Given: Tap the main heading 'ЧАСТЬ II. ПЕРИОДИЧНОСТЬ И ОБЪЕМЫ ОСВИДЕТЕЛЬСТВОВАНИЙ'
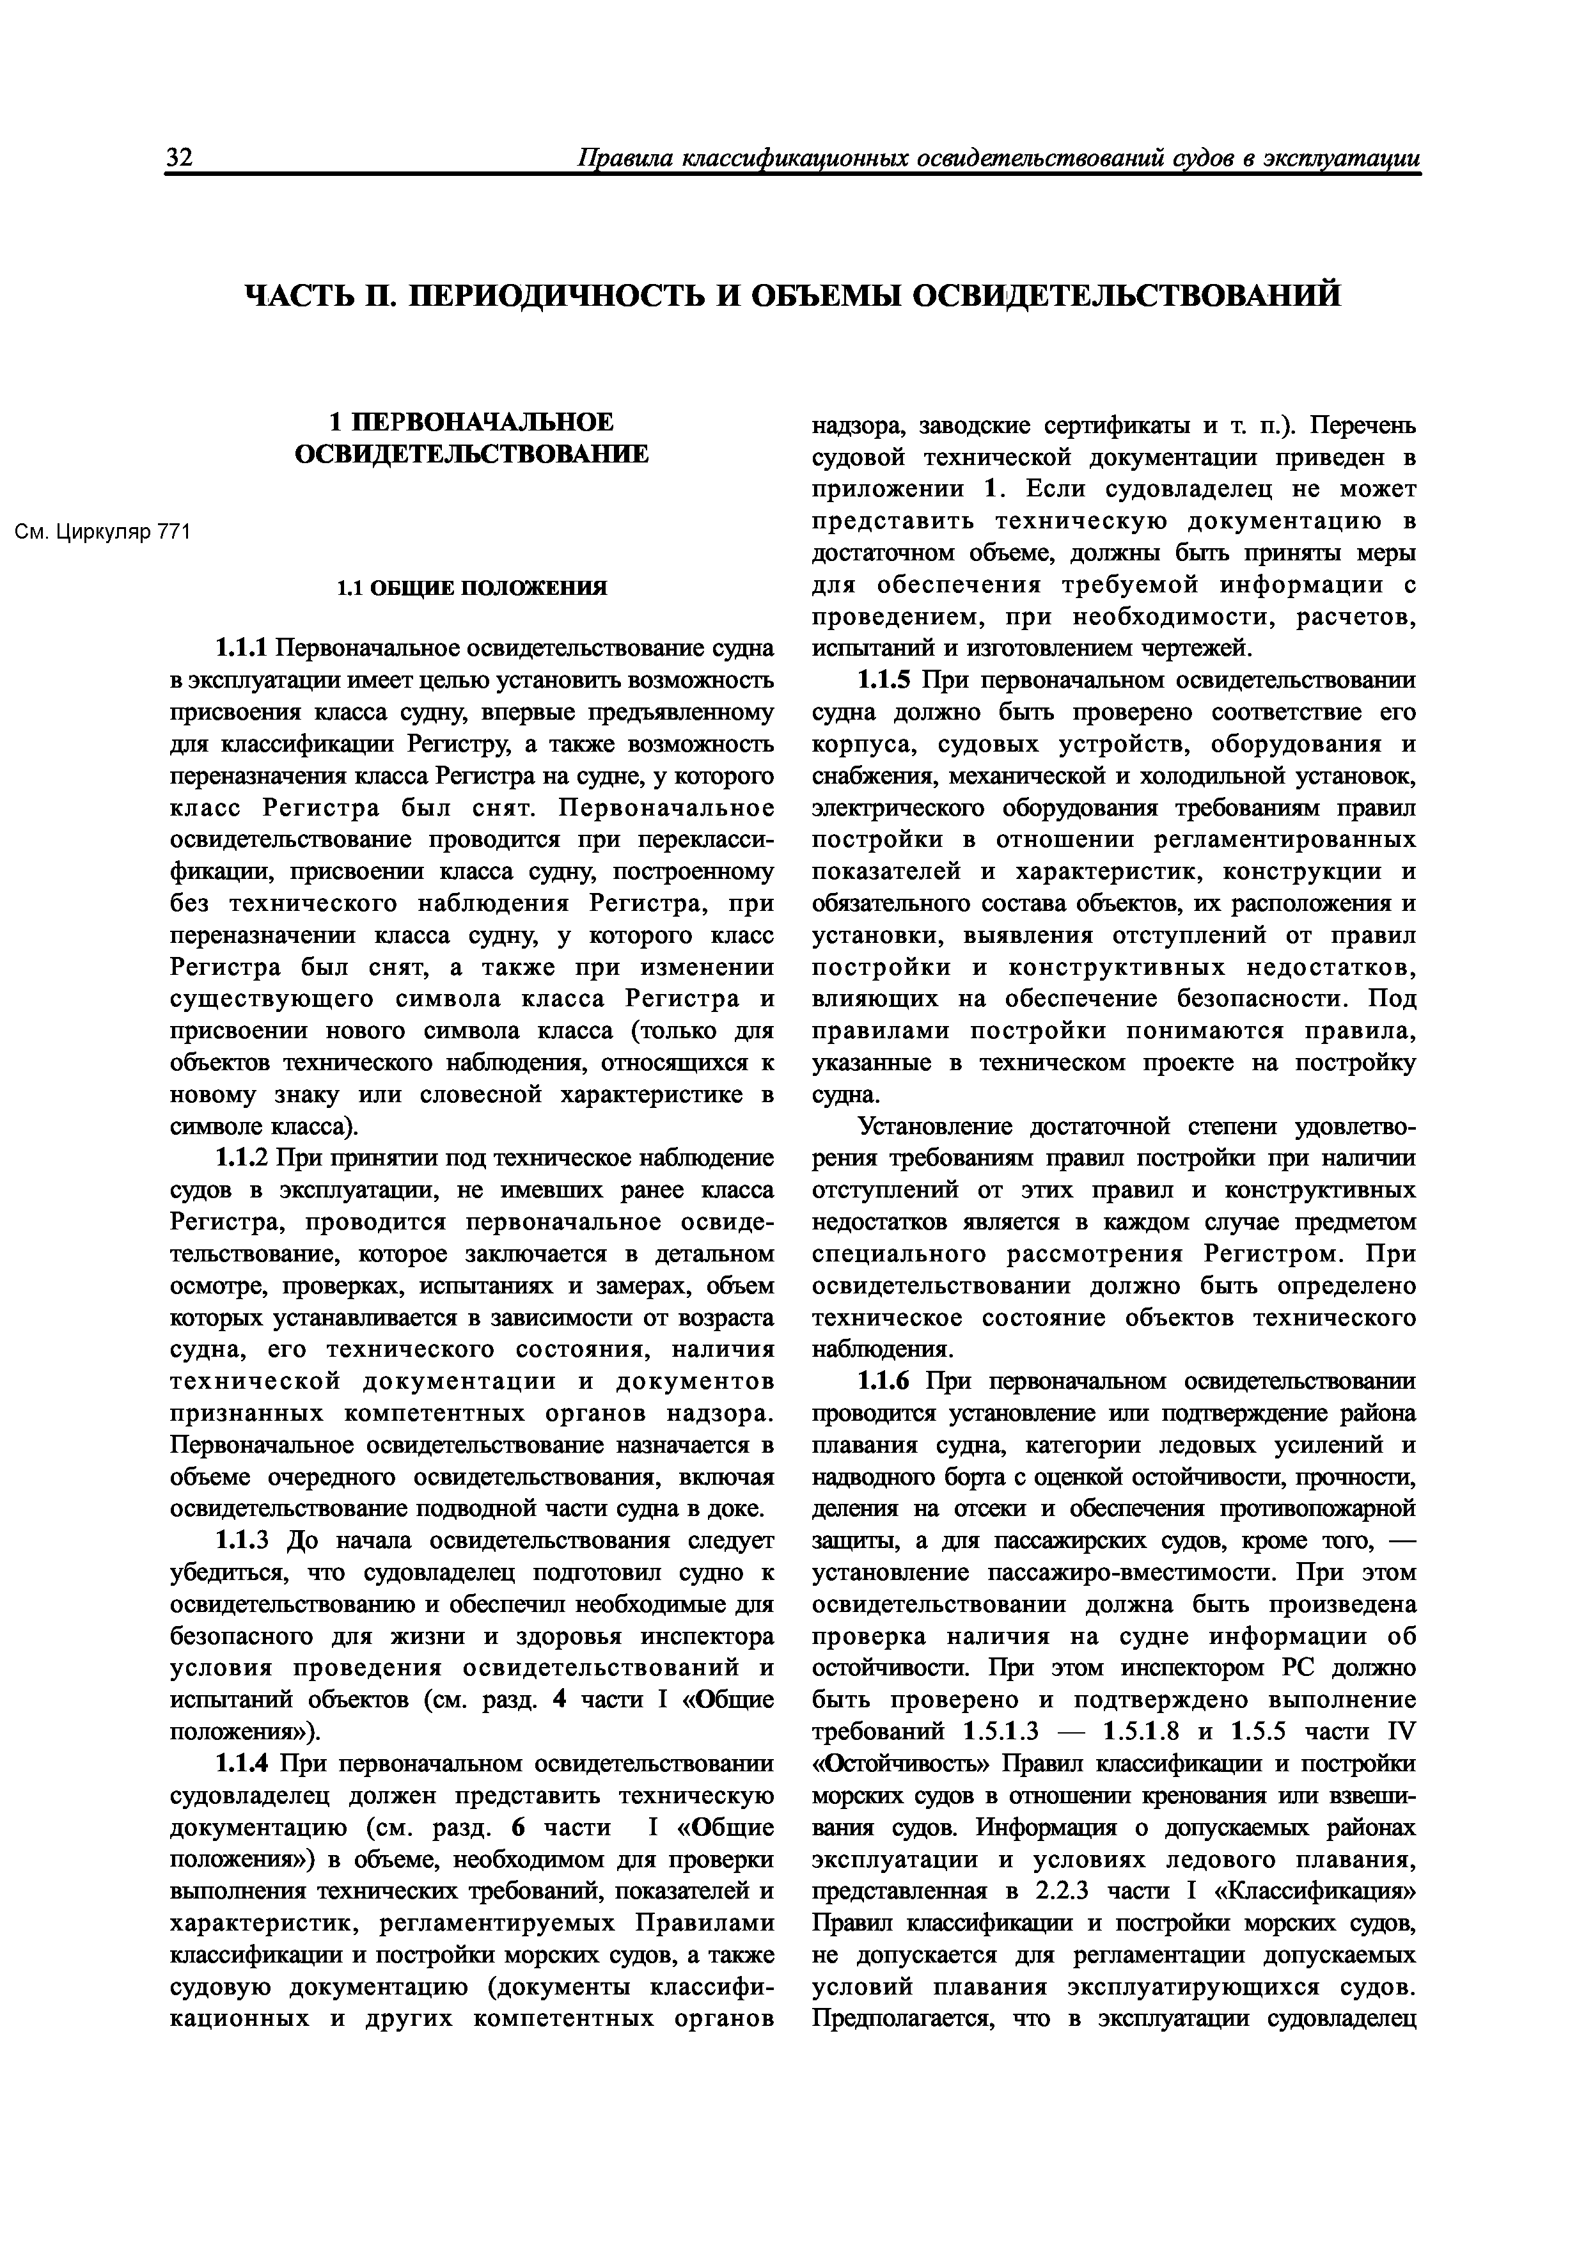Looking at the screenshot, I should coord(792,295).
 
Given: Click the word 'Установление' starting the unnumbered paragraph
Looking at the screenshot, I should coord(936,1127).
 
